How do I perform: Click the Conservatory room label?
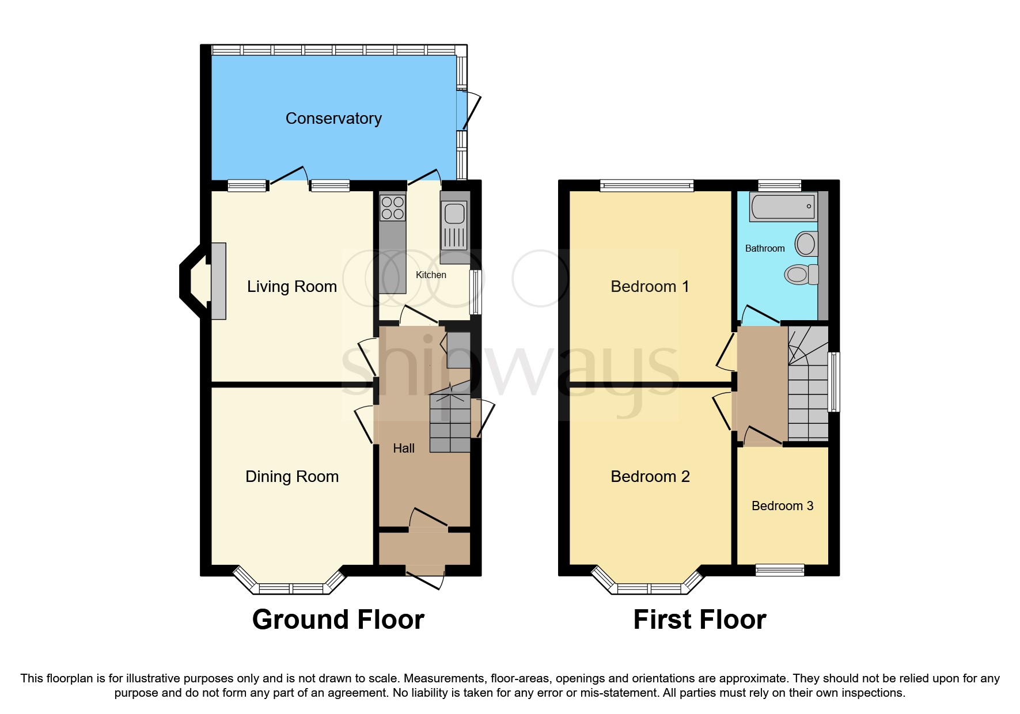333,119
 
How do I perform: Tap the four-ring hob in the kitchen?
393,208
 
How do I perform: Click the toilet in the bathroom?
801,274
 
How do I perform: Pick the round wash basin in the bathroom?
806,244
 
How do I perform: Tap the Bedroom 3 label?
782,506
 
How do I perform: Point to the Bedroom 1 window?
646,185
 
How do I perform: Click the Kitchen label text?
431,275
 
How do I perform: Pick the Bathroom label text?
764,249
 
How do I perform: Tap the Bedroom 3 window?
780,569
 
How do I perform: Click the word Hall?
403,449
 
